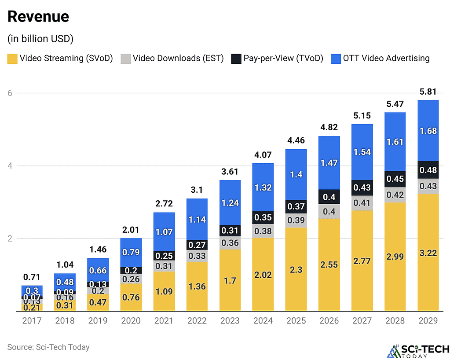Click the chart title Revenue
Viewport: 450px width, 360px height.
(x=38, y=17)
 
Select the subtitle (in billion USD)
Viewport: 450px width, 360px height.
(x=40, y=39)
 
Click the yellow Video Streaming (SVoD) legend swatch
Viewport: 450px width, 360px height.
(x=12, y=59)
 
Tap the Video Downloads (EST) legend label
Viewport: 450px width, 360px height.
(x=178, y=58)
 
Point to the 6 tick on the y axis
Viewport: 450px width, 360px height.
(x=10, y=93)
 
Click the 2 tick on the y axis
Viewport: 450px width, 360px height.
(x=10, y=239)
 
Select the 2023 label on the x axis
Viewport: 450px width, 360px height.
(x=230, y=321)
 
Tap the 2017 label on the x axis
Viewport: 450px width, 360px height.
(x=32, y=321)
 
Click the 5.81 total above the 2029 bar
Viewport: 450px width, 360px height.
(x=428, y=92)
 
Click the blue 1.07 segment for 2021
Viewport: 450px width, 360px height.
(x=164, y=232)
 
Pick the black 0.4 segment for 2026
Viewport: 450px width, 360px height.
(x=329, y=197)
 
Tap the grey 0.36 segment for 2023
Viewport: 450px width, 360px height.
(x=230, y=243)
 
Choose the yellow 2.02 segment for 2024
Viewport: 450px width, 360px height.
(x=263, y=274)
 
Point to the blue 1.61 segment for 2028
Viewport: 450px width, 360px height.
(x=395, y=142)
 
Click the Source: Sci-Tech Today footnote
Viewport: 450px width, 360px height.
(x=48, y=347)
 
